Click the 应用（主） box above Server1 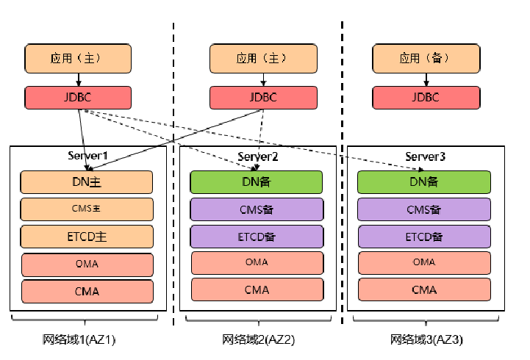tap(78, 58)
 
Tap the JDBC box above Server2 tap(262, 97)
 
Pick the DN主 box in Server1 tap(87, 181)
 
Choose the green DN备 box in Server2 tap(257, 181)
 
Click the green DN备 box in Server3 tap(423, 181)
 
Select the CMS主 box tap(87, 209)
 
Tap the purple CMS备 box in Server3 tap(423, 209)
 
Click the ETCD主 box tap(87, 236)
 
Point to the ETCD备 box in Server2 tap(257, 236)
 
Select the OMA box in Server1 tap(87, 264)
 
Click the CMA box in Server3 tap(423, 289)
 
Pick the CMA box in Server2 tap(257, 289)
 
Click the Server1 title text tap(87, 156)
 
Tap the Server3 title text tap(425, 156)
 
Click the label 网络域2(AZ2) tap(258, 339)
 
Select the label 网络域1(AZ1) tap(79, 339)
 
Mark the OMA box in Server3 tap(423, 262)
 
